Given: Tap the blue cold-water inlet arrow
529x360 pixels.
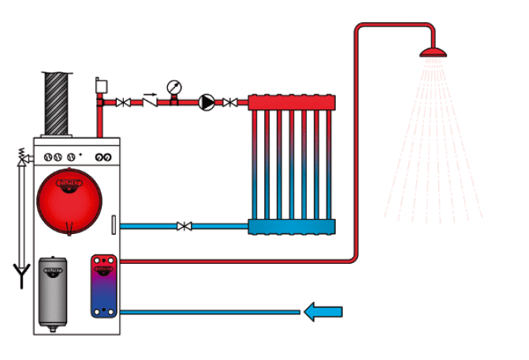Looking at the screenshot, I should tap(323, 313).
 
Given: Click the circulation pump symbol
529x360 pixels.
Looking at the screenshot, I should tap(206, 102).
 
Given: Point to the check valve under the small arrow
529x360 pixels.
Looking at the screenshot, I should tap(149, 102).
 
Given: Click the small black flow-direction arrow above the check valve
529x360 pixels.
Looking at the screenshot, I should tap(148, 92).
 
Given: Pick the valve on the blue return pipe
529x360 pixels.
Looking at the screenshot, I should tap(184, 227).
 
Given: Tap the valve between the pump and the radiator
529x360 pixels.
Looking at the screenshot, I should tap(229, 102).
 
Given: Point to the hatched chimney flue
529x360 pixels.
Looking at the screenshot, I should tap(58, 102).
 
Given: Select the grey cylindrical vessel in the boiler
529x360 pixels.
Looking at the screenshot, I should tap(52, 288).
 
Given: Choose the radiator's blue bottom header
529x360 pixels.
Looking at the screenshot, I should tap(292, 227).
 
